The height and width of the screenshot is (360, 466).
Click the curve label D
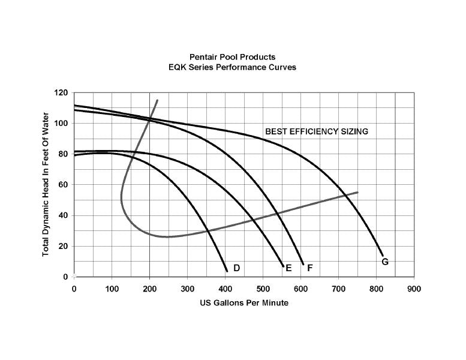point(236,268)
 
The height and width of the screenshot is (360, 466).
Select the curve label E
point(288,268)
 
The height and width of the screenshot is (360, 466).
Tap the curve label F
point(310,268)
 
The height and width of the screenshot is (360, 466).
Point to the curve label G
point(385,262)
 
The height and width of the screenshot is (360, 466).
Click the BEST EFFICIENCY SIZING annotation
point(316,131)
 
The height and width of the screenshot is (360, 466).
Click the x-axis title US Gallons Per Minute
point(244,303)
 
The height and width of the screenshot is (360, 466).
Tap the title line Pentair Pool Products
point(232,57)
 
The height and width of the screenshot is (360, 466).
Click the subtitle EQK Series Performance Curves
point(232,67)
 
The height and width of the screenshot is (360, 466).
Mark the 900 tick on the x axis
point(414,289)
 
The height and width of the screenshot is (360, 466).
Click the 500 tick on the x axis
point(263,289)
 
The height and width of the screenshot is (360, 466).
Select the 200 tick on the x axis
point(149,289)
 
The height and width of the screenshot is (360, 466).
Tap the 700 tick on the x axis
point(338,289)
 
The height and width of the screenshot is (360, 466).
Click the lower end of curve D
point(227,271)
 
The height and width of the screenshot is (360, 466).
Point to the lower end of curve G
point(383,255)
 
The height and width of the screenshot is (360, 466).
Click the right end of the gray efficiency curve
point(357,192)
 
